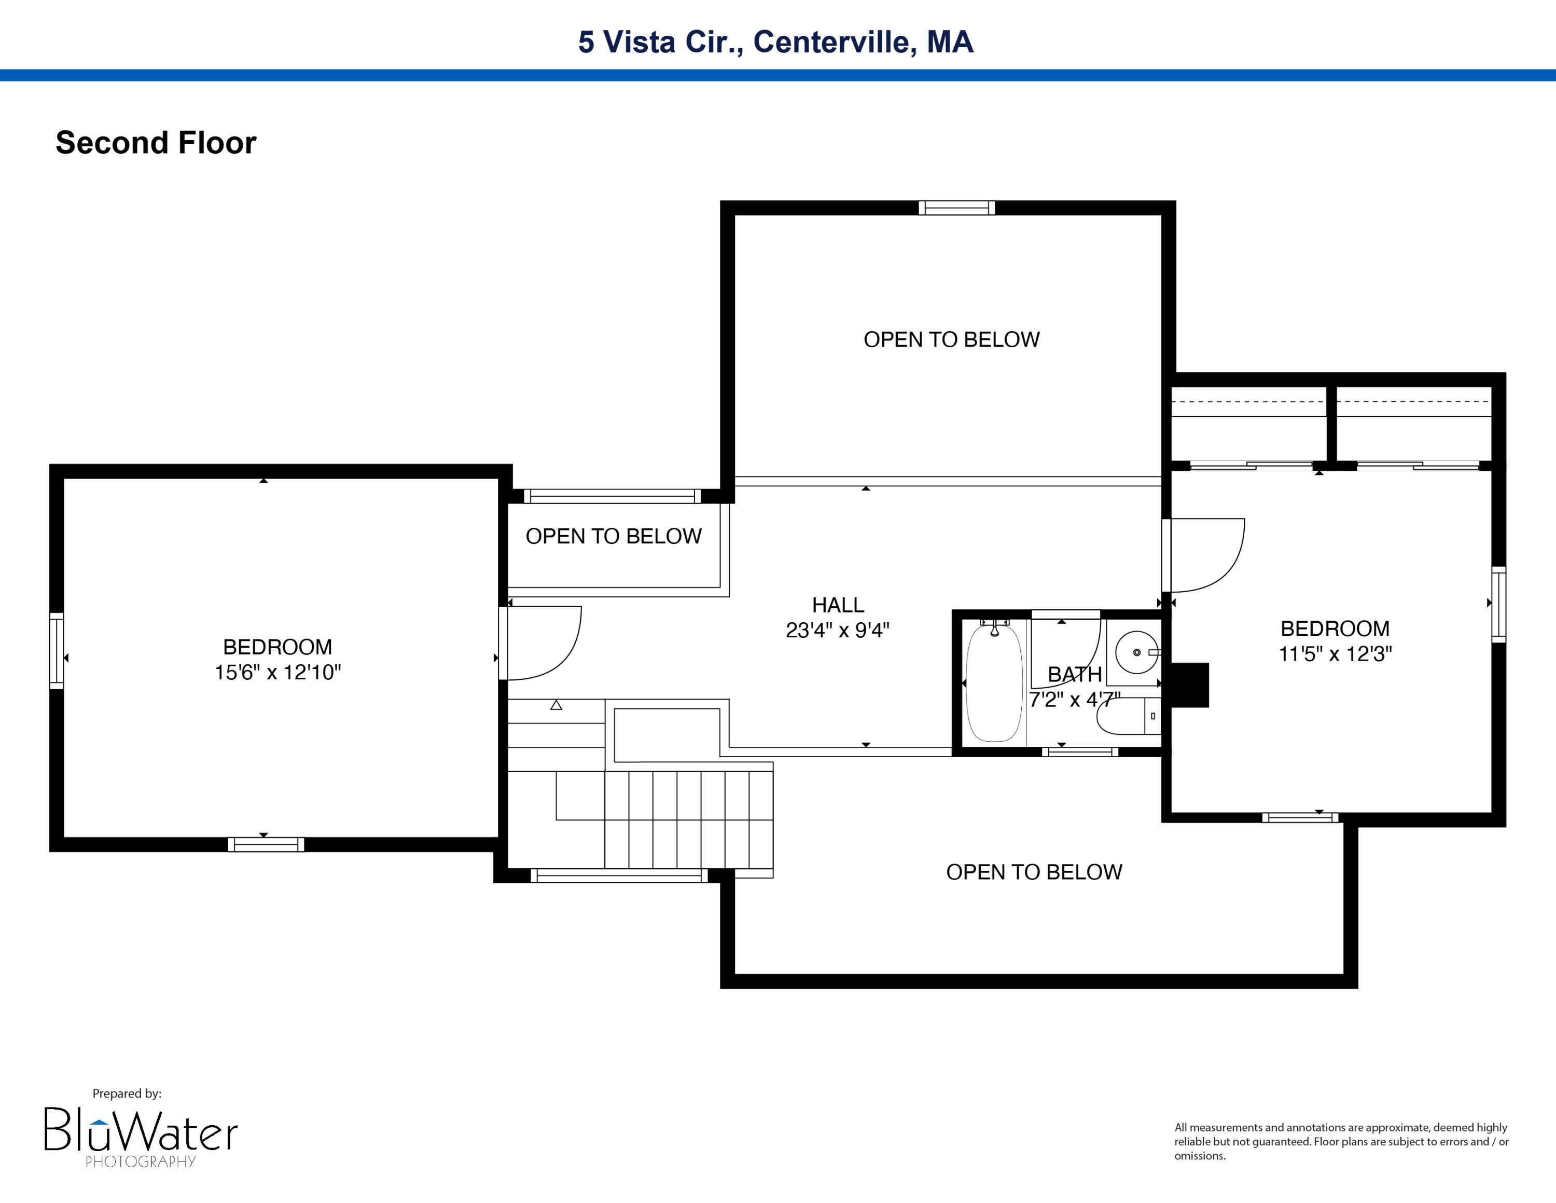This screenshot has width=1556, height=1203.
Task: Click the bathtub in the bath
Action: (x=994, y=683)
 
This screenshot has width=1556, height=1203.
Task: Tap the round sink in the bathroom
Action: (x=1136, y=652)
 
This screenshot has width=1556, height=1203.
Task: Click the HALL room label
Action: (x=838, y=605)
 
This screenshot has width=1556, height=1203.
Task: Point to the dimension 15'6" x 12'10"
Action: (x=278, y=672)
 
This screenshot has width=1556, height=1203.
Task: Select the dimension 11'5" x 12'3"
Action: (x=1335, y=653)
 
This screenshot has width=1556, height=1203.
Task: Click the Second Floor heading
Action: (x=156, y=143)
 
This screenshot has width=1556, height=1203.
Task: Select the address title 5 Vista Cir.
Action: (x=775, y=42)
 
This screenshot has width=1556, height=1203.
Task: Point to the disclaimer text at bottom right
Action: (x=1341, y=1141)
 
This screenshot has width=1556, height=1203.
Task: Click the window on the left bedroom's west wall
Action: (x=57, y=651)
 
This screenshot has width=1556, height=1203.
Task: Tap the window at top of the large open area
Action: (x=956, y=208)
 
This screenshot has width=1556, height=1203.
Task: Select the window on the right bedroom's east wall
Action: (x=1498, y=604)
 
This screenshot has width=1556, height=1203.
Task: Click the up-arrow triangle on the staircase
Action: (x=557, y=705)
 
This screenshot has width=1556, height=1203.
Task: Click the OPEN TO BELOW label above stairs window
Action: (x=614, y=536)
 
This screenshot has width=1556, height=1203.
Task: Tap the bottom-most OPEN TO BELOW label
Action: (x=1034, y=871)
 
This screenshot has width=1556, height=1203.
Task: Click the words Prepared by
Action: (x=127, y=1093)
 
